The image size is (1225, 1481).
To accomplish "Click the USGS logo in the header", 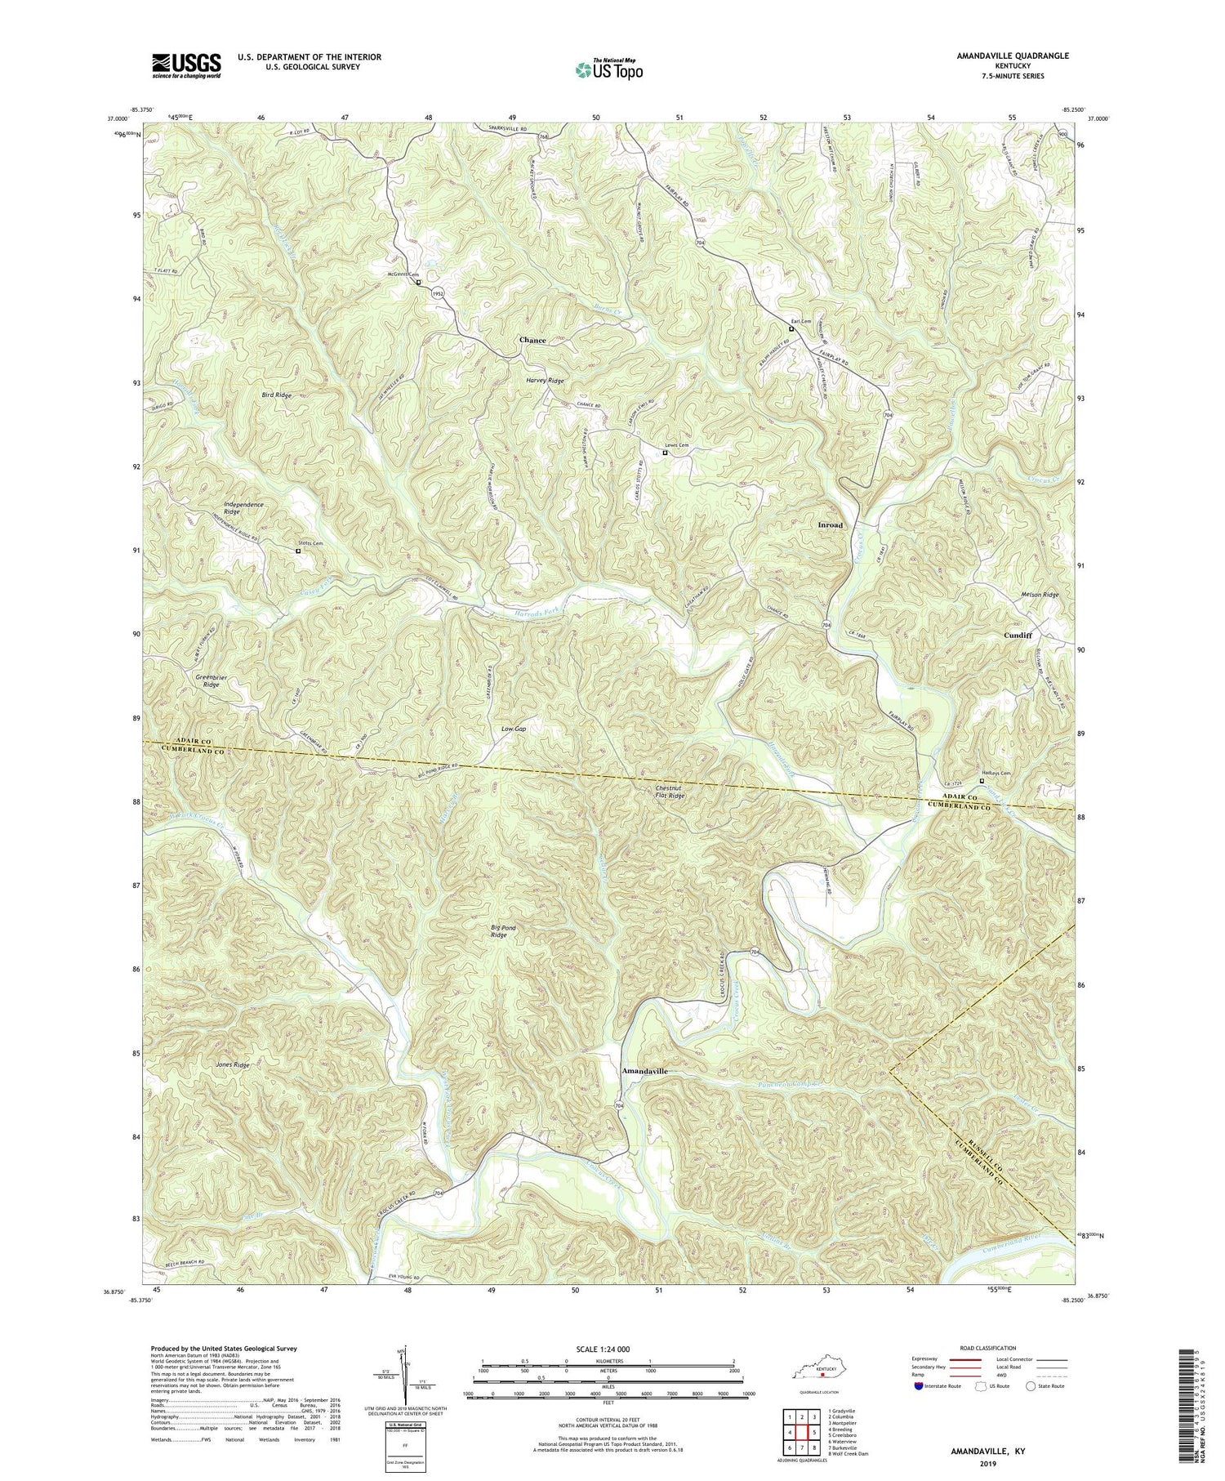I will pos(186,65).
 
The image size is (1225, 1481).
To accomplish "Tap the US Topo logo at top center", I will pos(608,70).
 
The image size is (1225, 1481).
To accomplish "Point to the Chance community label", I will pos(532,340).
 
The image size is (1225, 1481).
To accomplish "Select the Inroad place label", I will pos(830,525).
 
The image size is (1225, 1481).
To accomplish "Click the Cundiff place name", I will pos(1018,635).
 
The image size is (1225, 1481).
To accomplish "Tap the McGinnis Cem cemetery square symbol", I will pos(419,283).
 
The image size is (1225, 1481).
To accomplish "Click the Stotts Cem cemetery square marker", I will pos(298,551).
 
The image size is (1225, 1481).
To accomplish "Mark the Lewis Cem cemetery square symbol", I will pos(665,453).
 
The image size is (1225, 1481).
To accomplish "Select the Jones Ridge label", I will pos(233,1065).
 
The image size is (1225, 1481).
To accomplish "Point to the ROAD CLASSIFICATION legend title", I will pos(988,1348).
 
